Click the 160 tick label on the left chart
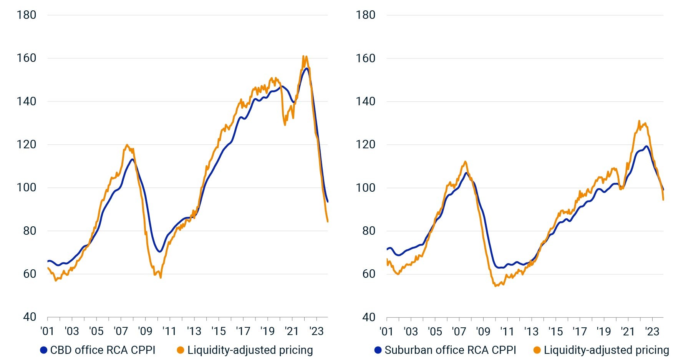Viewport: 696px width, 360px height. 26,58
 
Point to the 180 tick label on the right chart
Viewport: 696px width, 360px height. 365,15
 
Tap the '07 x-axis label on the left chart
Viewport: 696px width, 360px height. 121,331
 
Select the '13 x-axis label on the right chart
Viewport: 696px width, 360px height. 531,331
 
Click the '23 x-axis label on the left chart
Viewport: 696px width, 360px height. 317,331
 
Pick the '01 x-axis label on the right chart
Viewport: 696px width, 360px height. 386,331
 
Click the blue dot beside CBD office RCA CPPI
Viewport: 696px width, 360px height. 44,350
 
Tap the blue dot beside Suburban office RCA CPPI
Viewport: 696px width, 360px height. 378,350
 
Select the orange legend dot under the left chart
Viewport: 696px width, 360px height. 181,350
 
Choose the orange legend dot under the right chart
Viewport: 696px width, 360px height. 537,350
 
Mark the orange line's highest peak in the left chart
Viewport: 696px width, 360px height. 303,56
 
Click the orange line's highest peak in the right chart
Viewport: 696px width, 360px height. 639,121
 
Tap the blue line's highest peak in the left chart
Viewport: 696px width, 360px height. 306,68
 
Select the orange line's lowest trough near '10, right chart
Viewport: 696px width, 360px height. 495,286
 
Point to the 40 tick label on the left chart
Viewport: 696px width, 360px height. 30,317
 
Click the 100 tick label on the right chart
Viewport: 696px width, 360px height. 365,187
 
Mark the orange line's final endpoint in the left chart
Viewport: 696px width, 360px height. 328,222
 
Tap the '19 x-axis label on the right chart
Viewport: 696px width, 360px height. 604,331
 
